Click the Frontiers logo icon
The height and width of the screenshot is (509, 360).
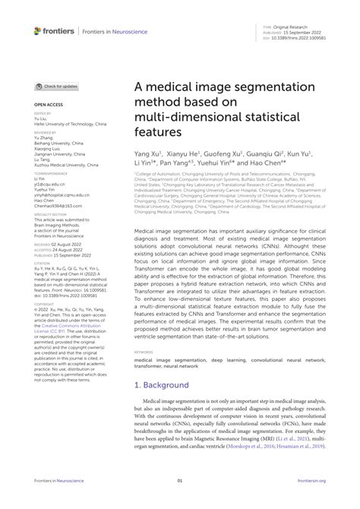pyautogui.click(x=37, y=30)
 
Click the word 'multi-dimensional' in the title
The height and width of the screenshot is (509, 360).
pyautogui.click(x=175, y=117)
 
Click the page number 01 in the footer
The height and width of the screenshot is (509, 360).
pyautogui.click(x=180, y=502)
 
